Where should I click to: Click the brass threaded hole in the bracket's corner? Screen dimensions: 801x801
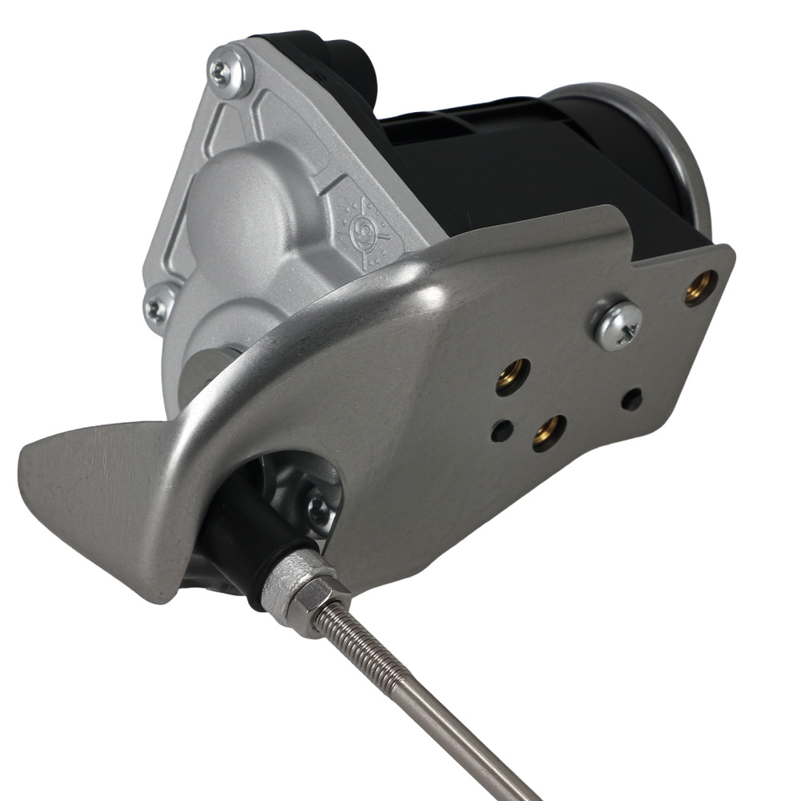coord(701,288)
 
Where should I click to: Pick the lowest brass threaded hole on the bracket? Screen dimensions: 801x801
coord(549,433)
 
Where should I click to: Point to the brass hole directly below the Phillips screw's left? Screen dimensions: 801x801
coord(512,375)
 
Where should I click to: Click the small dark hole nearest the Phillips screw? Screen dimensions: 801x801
coord(632,398)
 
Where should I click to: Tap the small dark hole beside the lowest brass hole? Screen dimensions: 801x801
coord(502,430)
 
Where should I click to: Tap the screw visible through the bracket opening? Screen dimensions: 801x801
coord(321,509)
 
